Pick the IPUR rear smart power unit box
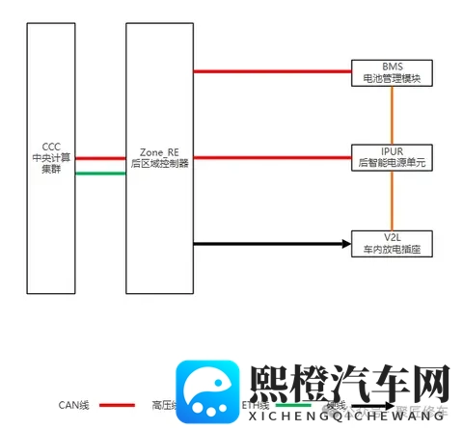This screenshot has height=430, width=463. coord(391,158)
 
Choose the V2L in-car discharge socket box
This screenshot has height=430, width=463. coord(391,244)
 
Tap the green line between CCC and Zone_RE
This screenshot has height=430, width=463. coord(100,174)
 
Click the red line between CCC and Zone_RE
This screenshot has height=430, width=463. coord(100,159)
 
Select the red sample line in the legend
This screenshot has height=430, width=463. coord(117,406)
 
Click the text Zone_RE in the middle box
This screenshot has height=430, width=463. coord(159,152)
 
